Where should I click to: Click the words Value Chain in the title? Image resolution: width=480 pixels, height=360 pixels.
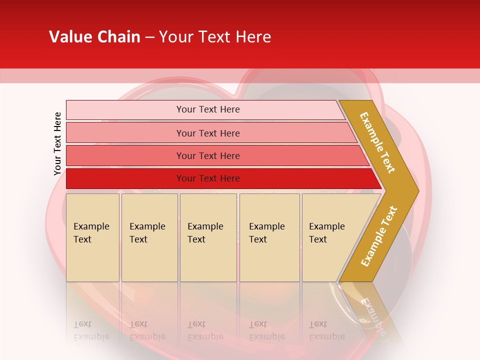94,37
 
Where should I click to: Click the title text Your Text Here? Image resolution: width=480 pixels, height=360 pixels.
215,37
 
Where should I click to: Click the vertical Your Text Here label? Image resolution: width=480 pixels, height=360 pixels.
57,143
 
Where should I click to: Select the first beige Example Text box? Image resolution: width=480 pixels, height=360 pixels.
92,237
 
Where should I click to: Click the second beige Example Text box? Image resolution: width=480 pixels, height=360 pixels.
149,237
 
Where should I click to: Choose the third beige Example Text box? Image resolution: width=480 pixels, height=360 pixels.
208,237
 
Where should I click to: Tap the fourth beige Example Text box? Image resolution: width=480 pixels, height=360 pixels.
269,237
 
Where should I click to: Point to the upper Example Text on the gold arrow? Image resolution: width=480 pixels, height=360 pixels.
377,142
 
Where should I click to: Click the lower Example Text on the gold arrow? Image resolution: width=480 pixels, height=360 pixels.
379,236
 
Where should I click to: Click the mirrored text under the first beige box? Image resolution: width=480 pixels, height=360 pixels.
91,331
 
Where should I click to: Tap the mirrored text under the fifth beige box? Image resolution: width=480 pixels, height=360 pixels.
326,331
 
